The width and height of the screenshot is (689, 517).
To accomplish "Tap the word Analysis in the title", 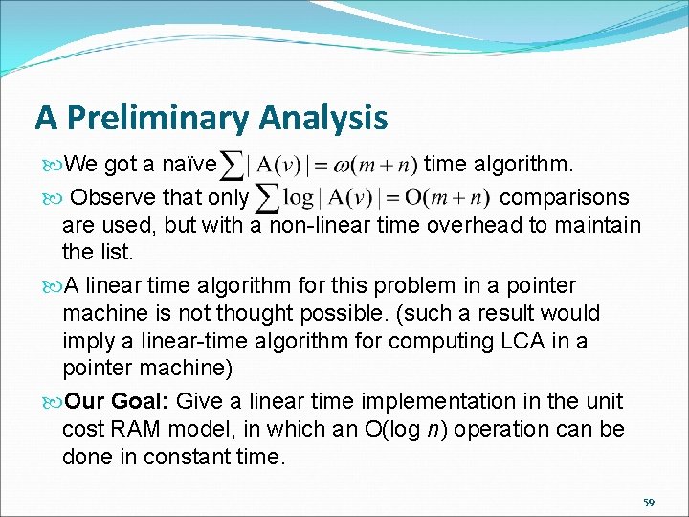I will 322,118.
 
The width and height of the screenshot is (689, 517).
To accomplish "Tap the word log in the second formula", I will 300,198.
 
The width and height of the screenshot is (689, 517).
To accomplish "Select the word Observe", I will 112,197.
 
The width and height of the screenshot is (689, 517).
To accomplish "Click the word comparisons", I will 565,197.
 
